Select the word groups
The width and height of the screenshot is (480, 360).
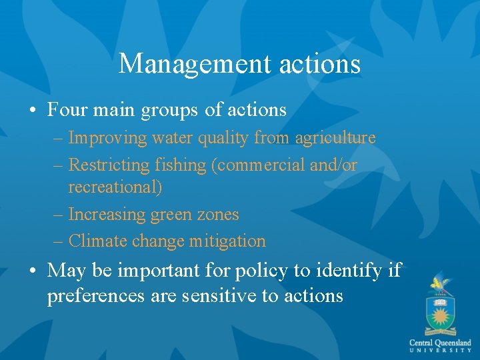coord(169,110)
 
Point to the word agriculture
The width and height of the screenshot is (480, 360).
coord(335,138)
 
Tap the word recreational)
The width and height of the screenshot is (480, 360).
coord(115,187)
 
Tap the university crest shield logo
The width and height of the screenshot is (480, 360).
coord(439,310)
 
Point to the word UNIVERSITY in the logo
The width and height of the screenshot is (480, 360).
coord(441,351)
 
